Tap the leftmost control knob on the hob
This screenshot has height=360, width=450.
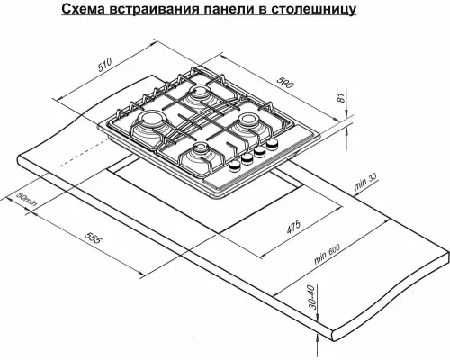233,167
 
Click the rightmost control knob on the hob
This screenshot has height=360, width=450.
268,150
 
